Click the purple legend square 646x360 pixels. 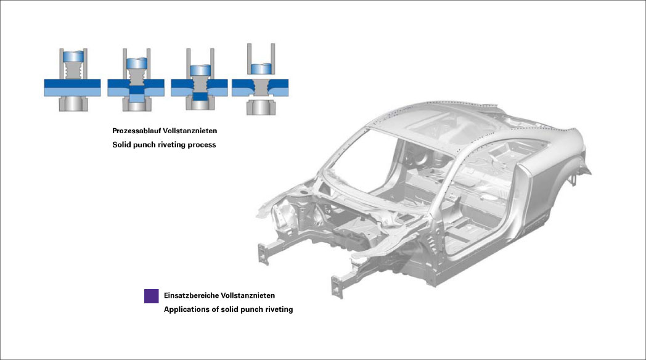click(x=151, y=296)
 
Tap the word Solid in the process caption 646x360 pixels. click(x=122, y=145)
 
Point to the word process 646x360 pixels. click(x=201, y=145)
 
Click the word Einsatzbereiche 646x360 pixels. click(x=190, y=296)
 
